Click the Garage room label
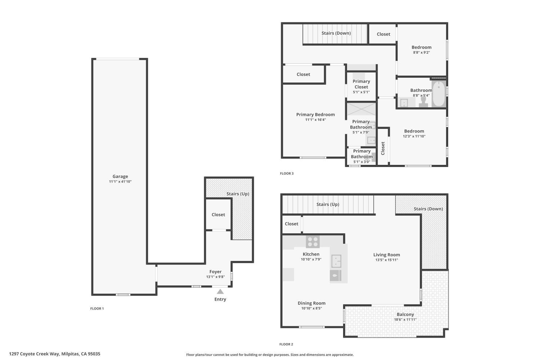(x=120, y=176)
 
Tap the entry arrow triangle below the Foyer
(x=220, y=292)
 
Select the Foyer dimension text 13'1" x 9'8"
(x=215, y=277)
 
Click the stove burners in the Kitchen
(x=312, y=242)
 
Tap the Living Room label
(x=386, y=255)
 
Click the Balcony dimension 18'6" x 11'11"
(x=405, y=319)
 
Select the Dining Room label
(x=311, y=303)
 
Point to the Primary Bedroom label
(x=315, y=114)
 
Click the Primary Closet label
(x=361, y=84)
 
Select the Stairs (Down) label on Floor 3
(x=336, y=33)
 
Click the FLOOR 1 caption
(x=97, y=309)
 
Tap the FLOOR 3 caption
(x=287, y=174)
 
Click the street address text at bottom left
(x=55, y=354)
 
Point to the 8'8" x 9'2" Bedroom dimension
(x=421, y=53)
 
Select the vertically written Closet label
(x=383, y=148)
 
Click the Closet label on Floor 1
(x=218, y=215)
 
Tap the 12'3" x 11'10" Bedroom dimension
(x=414, y=136)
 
